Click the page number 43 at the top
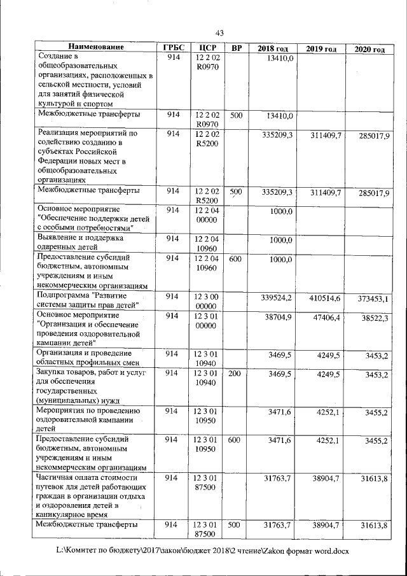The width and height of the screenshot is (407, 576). (x=220, y=33)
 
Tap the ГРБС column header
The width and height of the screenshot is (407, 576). (x=172, y=48)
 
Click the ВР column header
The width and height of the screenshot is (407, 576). (x=236, y=48)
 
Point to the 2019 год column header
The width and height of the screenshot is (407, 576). (x=321, y=49)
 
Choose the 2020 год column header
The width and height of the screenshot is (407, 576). (x=369, y=50)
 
